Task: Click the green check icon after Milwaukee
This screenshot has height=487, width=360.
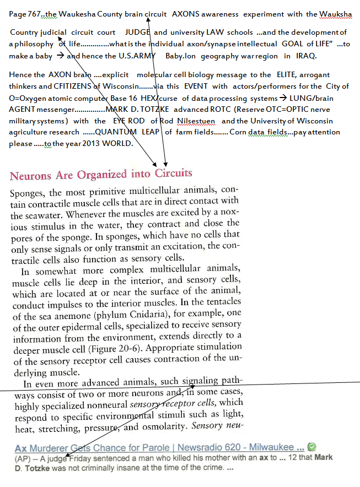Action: pyautogui.click(x=311, y=447)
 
